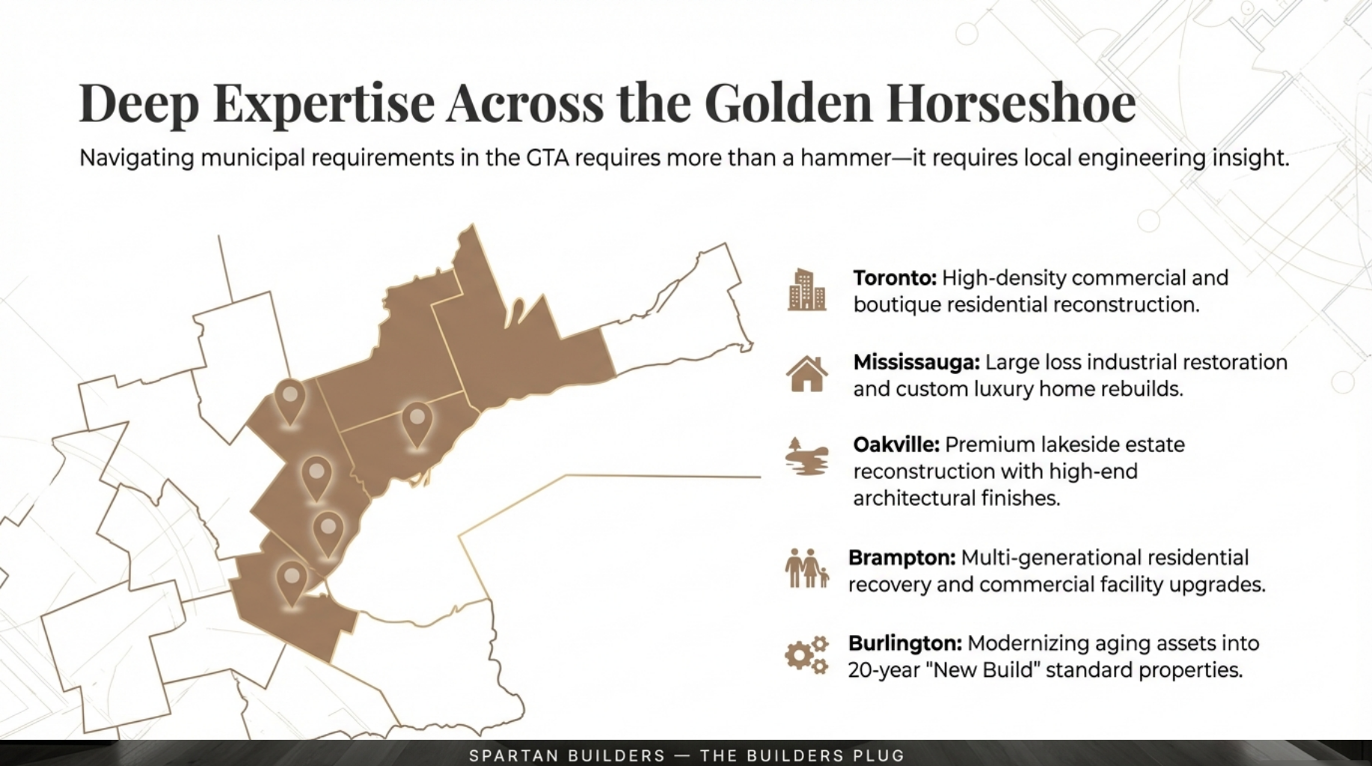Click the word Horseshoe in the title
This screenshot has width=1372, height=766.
(x=1011, y=103)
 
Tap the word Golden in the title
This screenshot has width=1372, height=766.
(x=788, y=103)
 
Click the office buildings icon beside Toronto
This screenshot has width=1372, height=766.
(x=806, y=290)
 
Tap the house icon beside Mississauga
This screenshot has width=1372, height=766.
(x=806, y=374)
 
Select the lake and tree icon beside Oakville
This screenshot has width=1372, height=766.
(x=806, y=456)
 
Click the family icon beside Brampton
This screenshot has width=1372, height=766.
(x=806, y=569)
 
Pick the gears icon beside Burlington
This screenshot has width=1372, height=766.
(x=806, y=655)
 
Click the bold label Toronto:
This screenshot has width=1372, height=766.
(x=894, y=278)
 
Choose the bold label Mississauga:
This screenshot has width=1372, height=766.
(x=916, y=363)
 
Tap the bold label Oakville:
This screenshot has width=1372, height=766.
(x=895, y=445)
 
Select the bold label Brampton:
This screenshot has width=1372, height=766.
(x=901, y=558)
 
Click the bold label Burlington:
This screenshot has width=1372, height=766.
(x=904, y=643)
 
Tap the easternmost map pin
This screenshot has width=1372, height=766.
(x=417, y=423)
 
